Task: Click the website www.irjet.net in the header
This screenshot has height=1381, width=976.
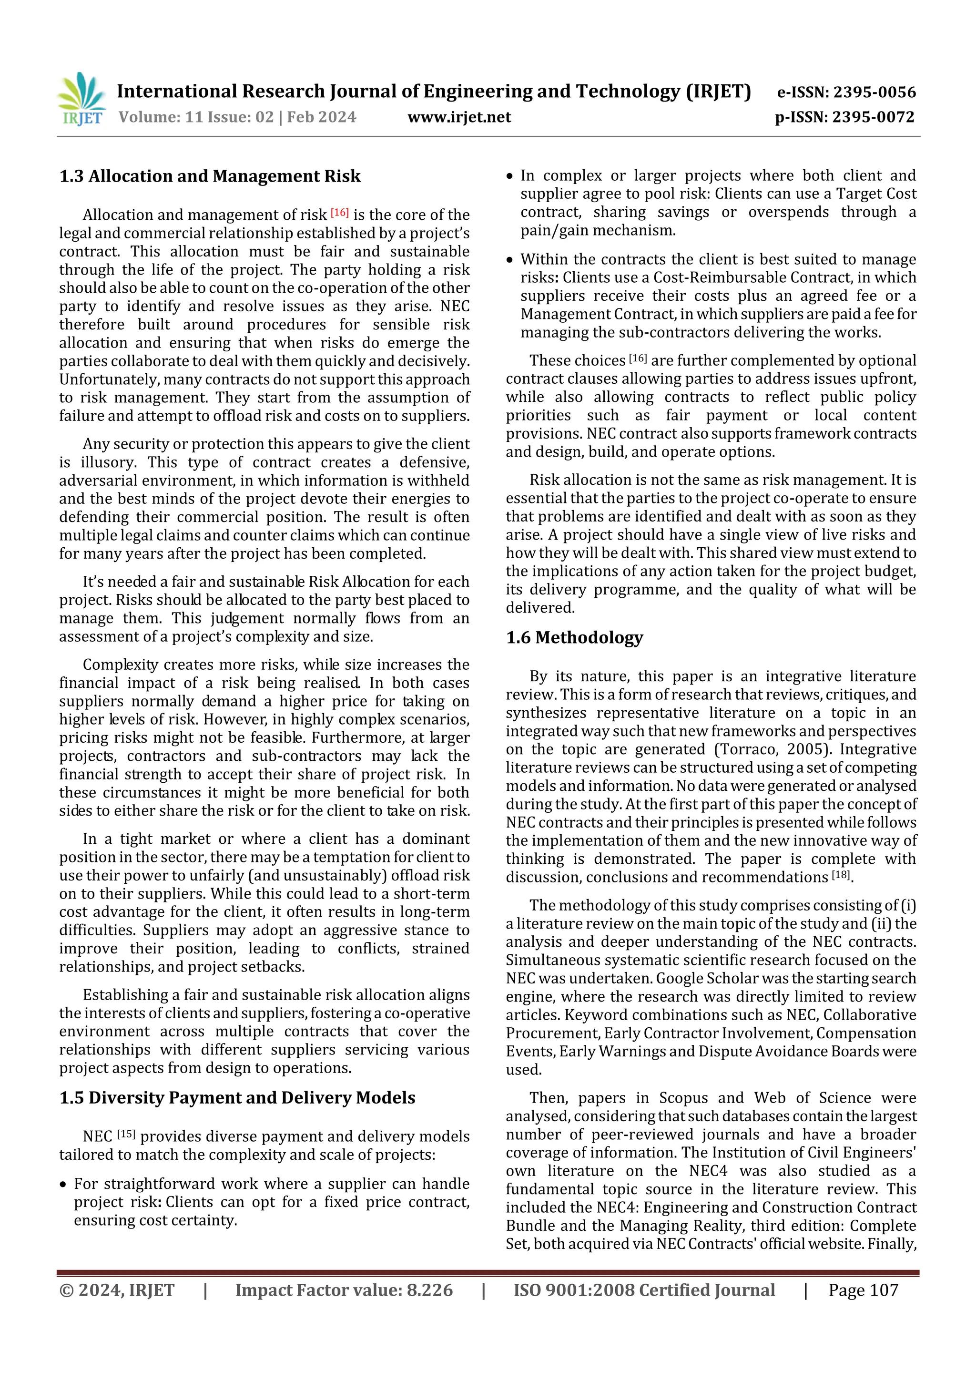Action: [459, 117]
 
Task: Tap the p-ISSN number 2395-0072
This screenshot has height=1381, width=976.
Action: [873, 117]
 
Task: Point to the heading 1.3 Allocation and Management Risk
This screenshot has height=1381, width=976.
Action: [210, 176]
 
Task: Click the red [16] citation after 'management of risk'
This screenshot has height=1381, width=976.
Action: [340, 212]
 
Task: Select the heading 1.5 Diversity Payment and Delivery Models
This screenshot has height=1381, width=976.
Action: [237, 1098]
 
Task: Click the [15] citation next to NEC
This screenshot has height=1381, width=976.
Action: [126, 1134]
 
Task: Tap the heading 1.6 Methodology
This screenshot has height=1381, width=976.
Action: [574, 637]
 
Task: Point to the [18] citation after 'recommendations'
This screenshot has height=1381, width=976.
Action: [841, 875]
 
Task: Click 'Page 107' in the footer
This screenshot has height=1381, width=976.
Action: [863, 1290]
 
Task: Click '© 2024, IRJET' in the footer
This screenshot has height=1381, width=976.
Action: [117, 1290]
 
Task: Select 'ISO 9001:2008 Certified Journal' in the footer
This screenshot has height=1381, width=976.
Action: [644, 1290]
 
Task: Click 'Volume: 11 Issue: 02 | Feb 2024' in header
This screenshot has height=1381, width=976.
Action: [237, 117]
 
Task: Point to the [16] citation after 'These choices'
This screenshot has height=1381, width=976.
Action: [638, 358]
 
